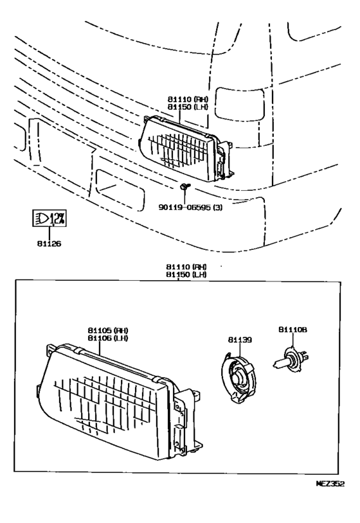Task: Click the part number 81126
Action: click(x=49, y=244)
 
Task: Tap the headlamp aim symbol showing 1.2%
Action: click(x=50, y=218)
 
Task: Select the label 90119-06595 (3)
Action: click(x=190, y=208)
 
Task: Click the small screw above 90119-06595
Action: click(x=183, y=186)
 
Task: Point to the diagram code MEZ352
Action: click(x=330, y=484)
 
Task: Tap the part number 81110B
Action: click(x=292, y=330)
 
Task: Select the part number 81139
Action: click(x=240, y=340)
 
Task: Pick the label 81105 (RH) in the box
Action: click(x=108, y=330)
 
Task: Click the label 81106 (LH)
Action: click(x=108, y=338)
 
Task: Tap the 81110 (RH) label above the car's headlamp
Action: click(x=188, y=99)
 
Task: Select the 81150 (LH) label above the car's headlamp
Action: click(x=188, y=107)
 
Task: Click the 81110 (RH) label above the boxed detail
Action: click(x=186, y=267)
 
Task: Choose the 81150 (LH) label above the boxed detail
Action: click(x=186, y=274)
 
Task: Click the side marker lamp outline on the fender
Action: click(x=240, y=103)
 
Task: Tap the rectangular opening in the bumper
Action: click(x=120, y=190)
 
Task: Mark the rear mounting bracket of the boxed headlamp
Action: click(x=188, y=423)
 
